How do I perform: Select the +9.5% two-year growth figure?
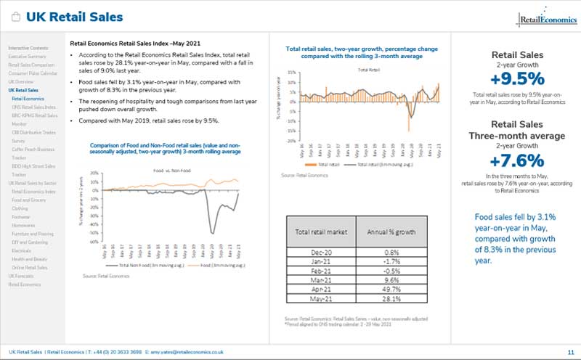[517, 78]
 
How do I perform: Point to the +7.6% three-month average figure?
[517, 159]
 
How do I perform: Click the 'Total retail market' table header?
[322, 232]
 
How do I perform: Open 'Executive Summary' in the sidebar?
[28, 56]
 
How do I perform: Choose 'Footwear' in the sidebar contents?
[20, 216]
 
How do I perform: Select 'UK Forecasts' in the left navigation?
[22, 277]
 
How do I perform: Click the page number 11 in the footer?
[570, 351]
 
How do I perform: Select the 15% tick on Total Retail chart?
[290, 73]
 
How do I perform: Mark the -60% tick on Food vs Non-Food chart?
[94, 242]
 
